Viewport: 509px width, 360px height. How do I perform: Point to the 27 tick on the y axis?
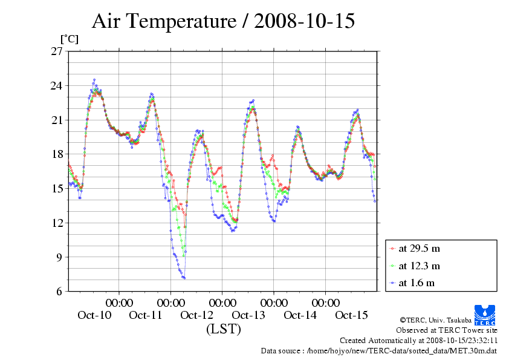(56, 51)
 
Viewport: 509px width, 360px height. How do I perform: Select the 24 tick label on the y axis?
(56, 86)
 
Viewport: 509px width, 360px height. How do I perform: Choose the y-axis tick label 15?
(56, 189)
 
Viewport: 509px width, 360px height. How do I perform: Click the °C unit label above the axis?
(68, 39)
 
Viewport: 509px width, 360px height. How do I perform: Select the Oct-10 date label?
(94, 315)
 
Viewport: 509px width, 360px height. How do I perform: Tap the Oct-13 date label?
(248, 315)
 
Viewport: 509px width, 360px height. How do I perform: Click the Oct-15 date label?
(351, 315)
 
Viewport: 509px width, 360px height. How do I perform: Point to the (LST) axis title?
(223, 329)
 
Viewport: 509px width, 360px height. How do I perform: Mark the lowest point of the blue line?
(184, 278)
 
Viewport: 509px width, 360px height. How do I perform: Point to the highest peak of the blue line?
(94, 79)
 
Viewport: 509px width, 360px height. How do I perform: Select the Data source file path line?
(379, 350)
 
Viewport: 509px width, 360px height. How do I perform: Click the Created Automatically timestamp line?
(418, 340)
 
